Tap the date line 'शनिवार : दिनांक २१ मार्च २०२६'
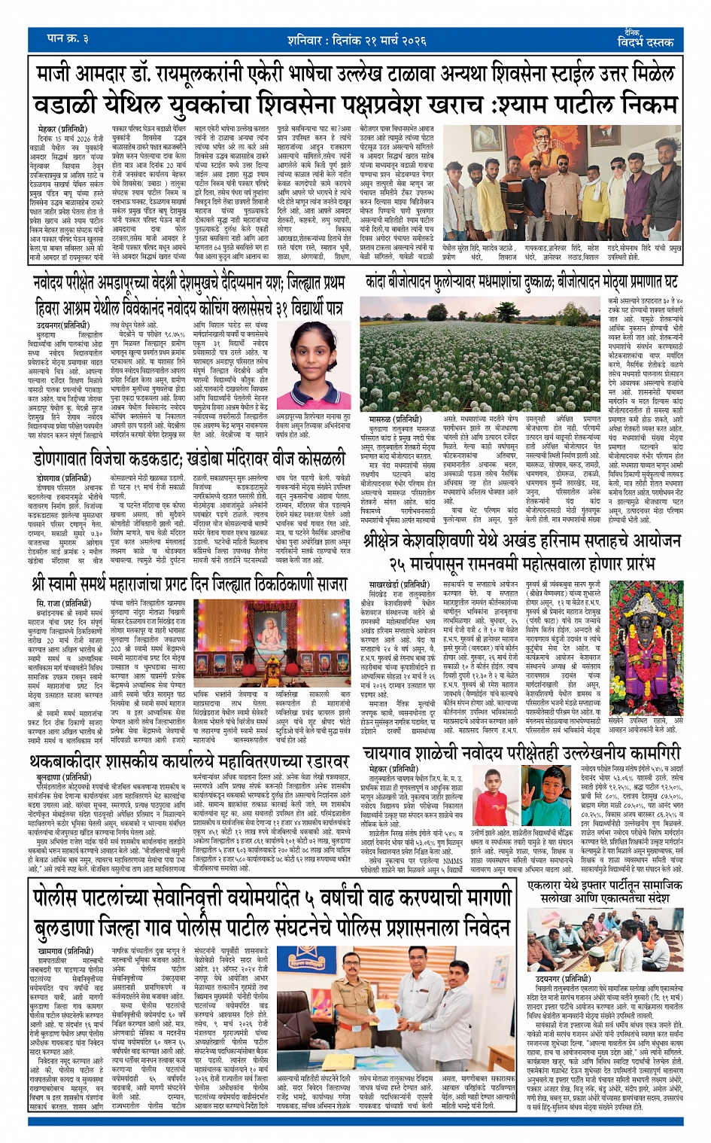[356, 40]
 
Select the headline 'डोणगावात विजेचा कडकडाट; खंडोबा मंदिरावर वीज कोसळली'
[190, 459]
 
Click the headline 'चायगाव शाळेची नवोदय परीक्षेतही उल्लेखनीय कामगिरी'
[521, 752]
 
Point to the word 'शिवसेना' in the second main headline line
[302, 103]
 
